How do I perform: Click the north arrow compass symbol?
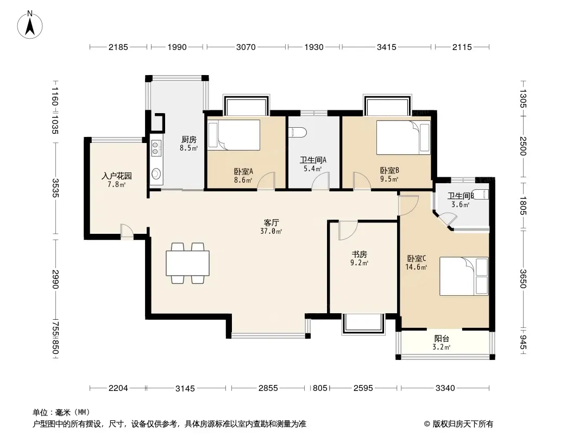(x=30, y=24)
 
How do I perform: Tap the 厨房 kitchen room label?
(x=188, y=140)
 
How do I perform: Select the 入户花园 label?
(x=117, y=176)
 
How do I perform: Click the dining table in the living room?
(x=187, y=263)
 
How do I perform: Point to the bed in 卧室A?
(x=234, y=135)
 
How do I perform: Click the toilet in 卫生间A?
(x=297, y=133)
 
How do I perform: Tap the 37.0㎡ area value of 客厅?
(x=271, y=231)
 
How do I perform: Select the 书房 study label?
(x=359, y=254)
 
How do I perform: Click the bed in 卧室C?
(x=464, y=276)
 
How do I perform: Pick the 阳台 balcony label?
(x=442, y=339)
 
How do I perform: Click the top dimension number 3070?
(x=246, y=47)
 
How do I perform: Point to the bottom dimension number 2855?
(x=268, y=388)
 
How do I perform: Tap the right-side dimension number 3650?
(x=523, y=278)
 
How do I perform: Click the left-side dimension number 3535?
(x=55, y=188)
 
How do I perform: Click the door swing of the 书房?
(x=348, y=230)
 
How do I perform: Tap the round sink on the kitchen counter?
(x=156, y=173)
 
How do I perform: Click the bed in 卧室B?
(x=403, y=138)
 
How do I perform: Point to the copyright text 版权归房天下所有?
(x=463, y=424)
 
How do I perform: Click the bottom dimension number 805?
(x=320, y=388)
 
